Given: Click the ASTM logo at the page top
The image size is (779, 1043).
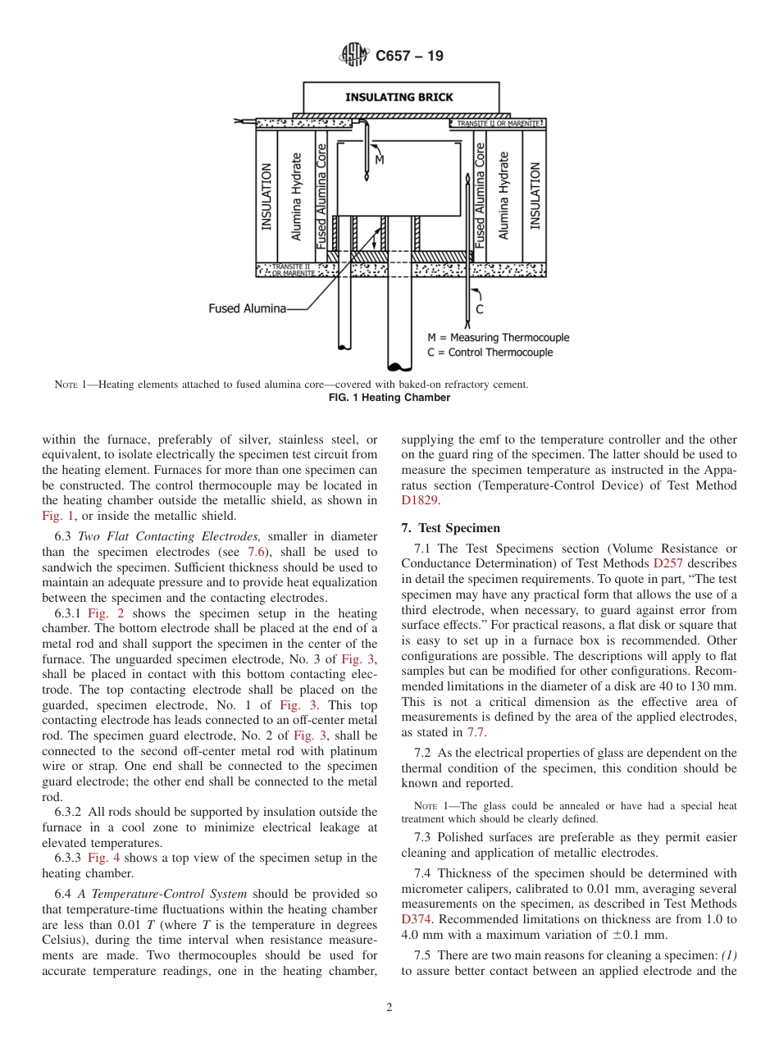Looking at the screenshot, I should coord(354,56).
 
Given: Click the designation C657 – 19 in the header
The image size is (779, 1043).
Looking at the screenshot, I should coord(409,56).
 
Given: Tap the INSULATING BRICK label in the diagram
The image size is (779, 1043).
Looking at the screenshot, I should coord(399,97).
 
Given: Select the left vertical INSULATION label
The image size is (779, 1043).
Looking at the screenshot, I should coord(266,197).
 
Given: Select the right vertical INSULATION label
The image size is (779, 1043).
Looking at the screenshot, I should coord(535,195).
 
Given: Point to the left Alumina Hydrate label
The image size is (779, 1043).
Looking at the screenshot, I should coord(297,197).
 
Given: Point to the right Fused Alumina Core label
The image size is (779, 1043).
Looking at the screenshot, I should coord(481,195).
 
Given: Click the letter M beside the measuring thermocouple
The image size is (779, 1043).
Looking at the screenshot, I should coord(379,161).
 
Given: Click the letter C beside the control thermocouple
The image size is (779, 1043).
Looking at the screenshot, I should coord(479,309).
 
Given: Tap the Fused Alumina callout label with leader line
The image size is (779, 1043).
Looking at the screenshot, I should coord(247,308).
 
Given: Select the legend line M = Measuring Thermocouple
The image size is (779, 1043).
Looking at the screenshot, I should coord(498,337).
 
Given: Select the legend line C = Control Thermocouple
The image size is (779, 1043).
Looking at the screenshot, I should coord(490,353).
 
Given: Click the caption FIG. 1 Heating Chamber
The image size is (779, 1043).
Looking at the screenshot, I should coord(389,398).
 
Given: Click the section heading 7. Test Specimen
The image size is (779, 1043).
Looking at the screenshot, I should coord(451,528).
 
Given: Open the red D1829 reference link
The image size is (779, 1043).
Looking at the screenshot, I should coord(416,499).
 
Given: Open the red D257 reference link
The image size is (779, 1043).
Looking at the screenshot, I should coord(667,563).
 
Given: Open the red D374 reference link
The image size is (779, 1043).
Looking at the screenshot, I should coord(416,918).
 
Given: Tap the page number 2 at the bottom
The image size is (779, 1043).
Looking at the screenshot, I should coord(389,1008).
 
